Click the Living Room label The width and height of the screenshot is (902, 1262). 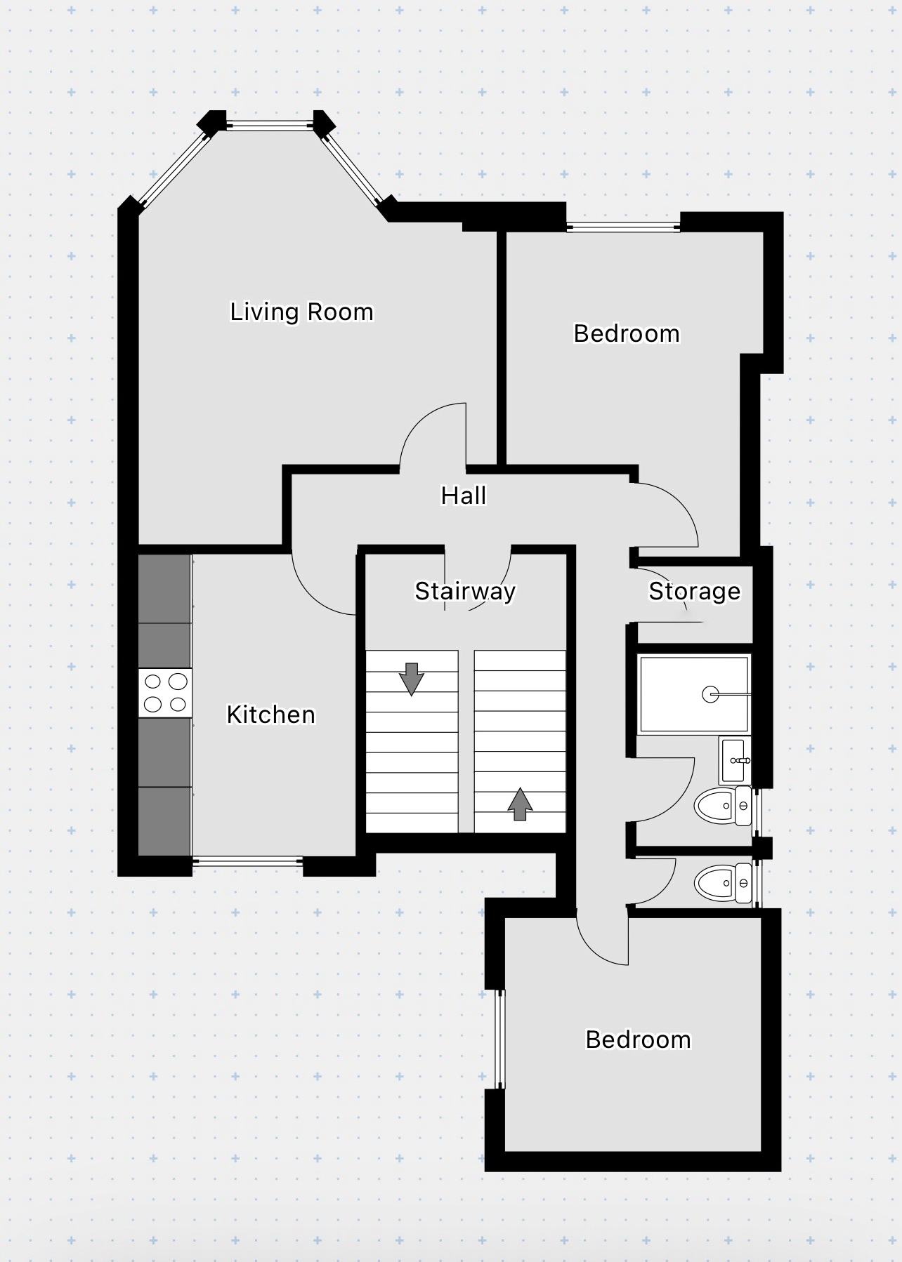click(x=301, y=312)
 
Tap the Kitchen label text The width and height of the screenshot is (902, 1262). click(x=271, y=715)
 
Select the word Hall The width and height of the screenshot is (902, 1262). click(x=464, y=496)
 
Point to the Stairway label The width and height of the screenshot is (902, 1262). click(x=465, y=591)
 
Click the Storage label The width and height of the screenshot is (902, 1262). click(x=694, y=591)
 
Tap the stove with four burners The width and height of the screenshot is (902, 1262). click(x=165, y=693)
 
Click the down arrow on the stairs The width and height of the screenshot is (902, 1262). click(x=411, y=679)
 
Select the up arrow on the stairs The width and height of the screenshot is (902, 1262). click(x=520, y=804)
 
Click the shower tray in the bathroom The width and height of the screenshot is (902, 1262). click(x=694, y=694)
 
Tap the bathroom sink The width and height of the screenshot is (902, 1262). click(x=735, y=760)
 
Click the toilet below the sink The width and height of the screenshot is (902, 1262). click(x=723, y=806)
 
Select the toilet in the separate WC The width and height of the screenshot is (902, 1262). click(x=723, y=883)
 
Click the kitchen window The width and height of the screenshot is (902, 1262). click(x=247, y=861)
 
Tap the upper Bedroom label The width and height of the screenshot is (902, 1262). click(x=627, y=333)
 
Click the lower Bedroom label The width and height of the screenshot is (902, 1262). click(x=638, y=1040)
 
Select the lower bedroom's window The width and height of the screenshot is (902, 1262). click(x=499, y=1040)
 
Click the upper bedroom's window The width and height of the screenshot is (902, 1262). click(x=623, y=227)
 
